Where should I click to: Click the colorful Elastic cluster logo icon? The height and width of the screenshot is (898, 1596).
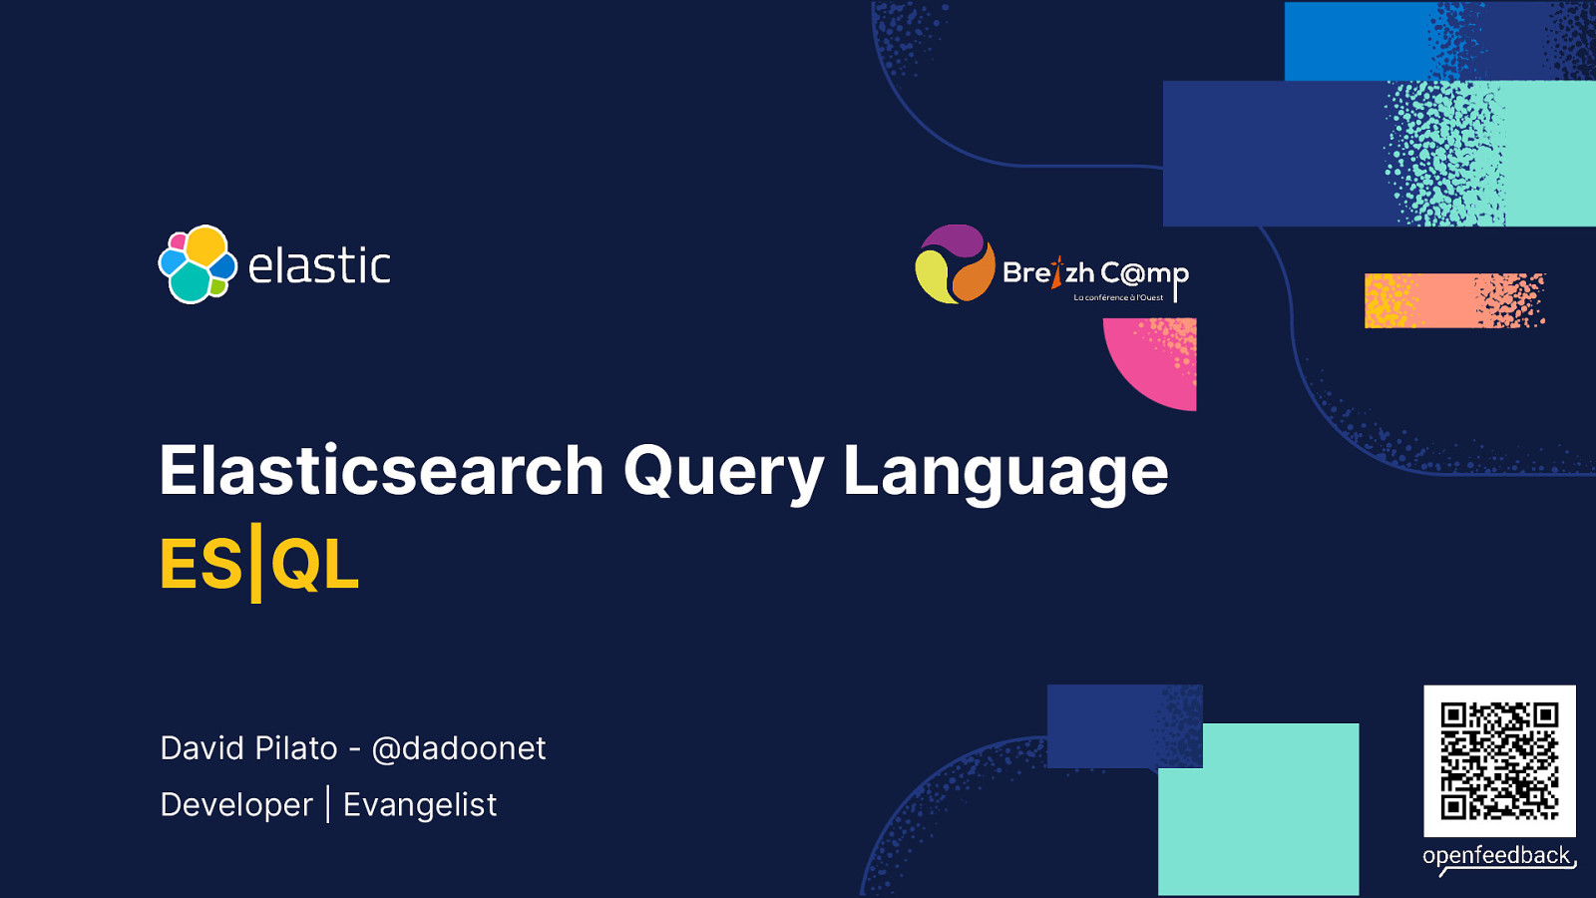[198, 264]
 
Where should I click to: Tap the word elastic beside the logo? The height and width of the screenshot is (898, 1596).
[319, 266]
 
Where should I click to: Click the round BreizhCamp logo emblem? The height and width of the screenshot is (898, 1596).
[955, 264]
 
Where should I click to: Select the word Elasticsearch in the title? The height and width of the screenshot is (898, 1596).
[382, 471]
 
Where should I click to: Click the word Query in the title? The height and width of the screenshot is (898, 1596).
[723, 471]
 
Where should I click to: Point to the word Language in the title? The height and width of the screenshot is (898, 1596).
[1005, 471]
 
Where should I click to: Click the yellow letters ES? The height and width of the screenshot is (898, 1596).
[200, 565]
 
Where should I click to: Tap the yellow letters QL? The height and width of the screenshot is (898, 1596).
[314, 565]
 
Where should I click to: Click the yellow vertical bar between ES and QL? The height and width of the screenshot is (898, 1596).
[256, 563]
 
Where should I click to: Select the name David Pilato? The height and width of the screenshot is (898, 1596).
[248, 748]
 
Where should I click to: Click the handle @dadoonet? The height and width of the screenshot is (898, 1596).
[459, 748]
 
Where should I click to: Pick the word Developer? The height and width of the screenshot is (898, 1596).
[236, 805]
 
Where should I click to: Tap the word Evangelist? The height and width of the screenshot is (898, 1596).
[420, 805]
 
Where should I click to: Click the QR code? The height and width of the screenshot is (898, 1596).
[1499, 760]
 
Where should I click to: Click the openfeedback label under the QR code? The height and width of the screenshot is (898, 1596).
[1496, 856]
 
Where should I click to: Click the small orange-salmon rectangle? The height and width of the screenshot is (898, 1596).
[1453, 300]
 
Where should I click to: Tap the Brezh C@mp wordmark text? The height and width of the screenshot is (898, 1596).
[1095, 273]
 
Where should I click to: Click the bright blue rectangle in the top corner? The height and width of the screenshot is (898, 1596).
[1357, 41]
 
